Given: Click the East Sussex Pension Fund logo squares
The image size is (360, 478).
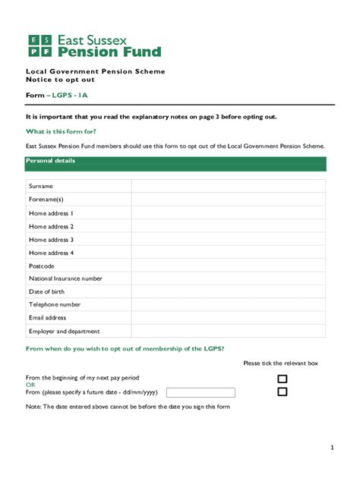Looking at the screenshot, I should [39, 46].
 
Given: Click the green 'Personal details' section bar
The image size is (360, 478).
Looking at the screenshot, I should [175, 163].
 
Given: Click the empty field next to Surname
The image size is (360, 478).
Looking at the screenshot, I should [228, 187].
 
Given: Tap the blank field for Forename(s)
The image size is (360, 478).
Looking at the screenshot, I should [228, 200].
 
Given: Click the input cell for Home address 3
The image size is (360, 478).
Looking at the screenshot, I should [228, 240].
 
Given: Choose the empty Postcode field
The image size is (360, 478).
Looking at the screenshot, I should [228, 266].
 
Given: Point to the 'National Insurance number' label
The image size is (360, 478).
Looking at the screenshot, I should [65, 279].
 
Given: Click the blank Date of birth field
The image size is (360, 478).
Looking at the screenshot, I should [228, 292].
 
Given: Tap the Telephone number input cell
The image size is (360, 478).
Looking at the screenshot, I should [228, 305].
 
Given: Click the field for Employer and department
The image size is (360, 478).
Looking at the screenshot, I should [228, 332].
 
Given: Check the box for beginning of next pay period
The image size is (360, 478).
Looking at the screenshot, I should [283, 379].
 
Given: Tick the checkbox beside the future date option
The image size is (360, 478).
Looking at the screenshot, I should [283, 392].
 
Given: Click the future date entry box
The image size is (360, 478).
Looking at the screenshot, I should [201, 392].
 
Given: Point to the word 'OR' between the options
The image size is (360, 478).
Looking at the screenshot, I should [30, 385].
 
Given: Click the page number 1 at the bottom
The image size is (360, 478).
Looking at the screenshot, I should [332, 448].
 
